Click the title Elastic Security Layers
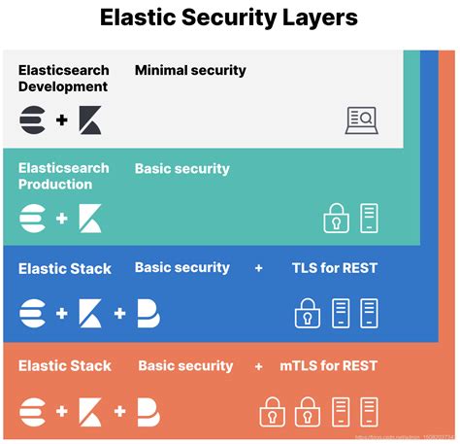(229, 17)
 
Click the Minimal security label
(190, 70)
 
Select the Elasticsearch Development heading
(63, 78)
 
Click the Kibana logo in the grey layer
(90, 121)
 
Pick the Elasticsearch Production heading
(63, 176)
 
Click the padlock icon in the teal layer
(336, 218)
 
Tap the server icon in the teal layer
(368, 218)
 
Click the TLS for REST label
(335, 267)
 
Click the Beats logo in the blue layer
(148, 313)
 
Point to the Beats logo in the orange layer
(148, 411)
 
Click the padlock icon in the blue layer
(308, 313)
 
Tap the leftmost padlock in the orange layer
(273, 411)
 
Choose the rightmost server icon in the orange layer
(368, 411)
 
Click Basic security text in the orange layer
(185, 366)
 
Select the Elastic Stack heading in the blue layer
(64, 268)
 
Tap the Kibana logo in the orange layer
(90, 411)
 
